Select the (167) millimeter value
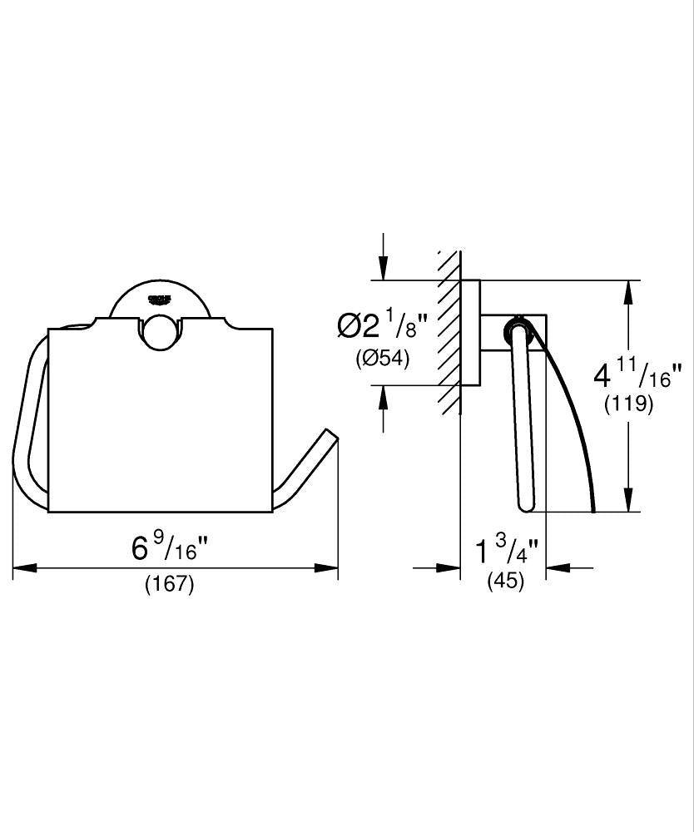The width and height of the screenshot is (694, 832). point(170,584)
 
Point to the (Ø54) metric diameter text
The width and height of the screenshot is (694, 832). point(383,359)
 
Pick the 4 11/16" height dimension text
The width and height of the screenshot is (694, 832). point(637,374)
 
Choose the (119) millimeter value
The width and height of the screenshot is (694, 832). point(629,405)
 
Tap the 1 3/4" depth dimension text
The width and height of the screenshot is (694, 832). point(507,550)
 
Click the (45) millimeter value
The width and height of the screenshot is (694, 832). point(506,581)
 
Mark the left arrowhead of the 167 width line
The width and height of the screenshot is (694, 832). point(24,567)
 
